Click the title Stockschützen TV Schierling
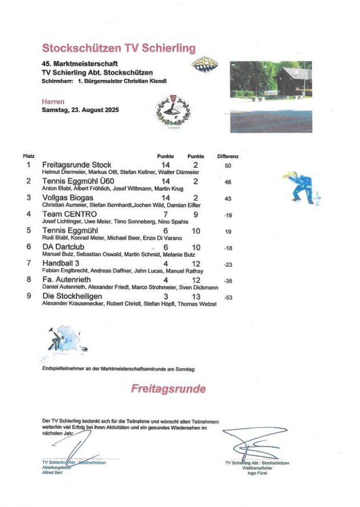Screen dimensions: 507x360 tap(119, 47)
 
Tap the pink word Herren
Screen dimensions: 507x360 tap(53, 101)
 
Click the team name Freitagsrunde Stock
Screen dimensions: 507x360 tap(77, 165)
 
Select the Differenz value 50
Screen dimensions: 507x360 tap(227, 166)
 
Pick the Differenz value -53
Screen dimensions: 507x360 tap(228, 298)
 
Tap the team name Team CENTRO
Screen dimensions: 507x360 tap(69, 214)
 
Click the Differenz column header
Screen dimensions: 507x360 tap(227, 156)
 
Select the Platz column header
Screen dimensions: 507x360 tap(29, 156)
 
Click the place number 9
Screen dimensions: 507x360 tap(29, 296)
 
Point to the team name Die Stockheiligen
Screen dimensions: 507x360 tap(72, 296)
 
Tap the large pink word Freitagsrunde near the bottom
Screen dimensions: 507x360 tap(168, 389)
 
